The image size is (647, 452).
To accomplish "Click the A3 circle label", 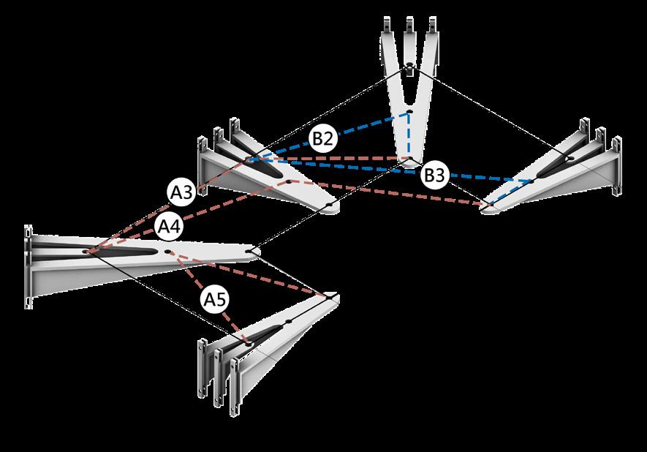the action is [182, 193].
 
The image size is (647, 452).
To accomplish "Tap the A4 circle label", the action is [170, 227].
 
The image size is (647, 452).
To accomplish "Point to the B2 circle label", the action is [322, 138].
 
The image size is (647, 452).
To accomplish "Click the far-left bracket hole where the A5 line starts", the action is [168, 252].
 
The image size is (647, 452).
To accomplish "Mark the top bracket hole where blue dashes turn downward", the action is [409, 112].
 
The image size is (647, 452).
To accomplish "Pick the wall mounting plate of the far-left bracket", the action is [29, 267].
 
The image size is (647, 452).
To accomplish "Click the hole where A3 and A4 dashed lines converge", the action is [86, 251].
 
